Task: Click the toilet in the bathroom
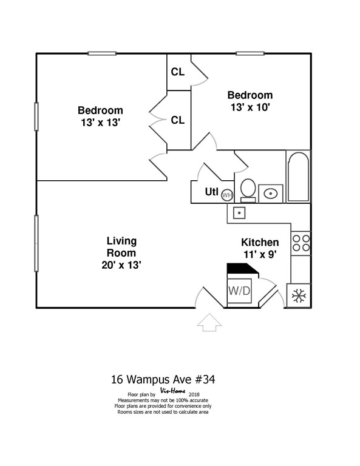pyautogui.click(x=248, y=191)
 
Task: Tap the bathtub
pyautogui.click(x=298, y=177)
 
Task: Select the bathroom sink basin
pyautogui.click(x=271, y=194)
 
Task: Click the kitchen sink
pyautogui.click(x=239, y=213)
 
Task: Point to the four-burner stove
pyautogui.click(x=301, y=243)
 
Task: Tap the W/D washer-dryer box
pyautogui.click(x=240, y=291)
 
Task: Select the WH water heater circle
pyautogui.click(x=227, y=195)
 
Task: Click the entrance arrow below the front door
pyautogui.click(x=209, y=322)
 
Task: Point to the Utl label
pyautogui.click(x=212, y=192)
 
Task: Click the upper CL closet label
pyautogui.click(x=178, y=72)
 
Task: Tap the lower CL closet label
pyautogui.click(x=178, y=120)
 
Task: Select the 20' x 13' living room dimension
pyautogui.click(x=121, y=265)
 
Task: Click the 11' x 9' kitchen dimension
pyautogui.click(x=260, y=254)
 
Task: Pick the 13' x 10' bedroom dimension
pyautogui.click(x=250, y=107)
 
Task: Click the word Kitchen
pyautogui.click(x=260, y=242)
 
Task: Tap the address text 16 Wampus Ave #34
pyautogui.click(x=163, y=379)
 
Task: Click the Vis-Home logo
pyautogui.click(x=173, y=391)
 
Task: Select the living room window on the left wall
pyautogui.click(x=36, y=243)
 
